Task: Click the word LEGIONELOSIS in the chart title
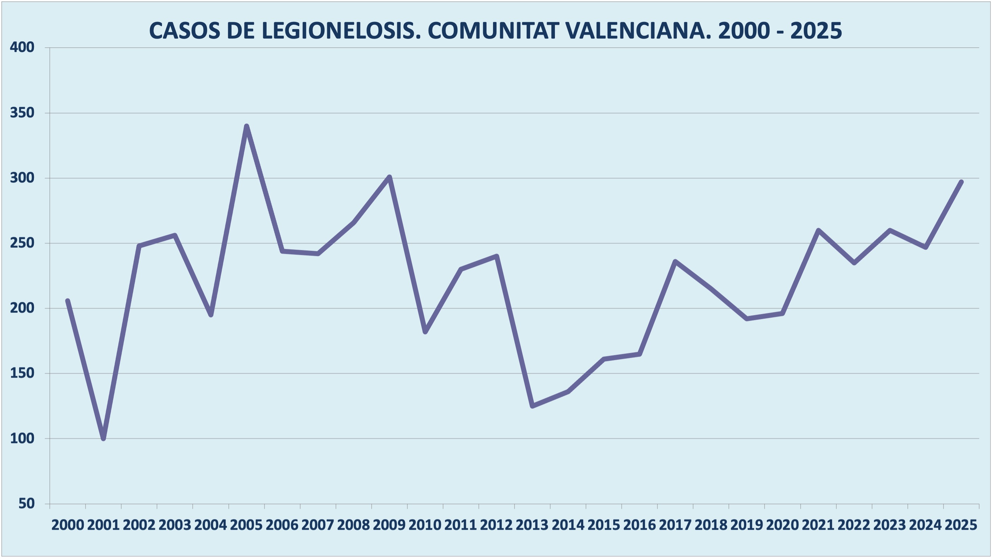339,31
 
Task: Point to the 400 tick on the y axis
22,47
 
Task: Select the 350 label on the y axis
22,113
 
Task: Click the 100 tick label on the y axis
22,438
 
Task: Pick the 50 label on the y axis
27,503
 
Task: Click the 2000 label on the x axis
68,525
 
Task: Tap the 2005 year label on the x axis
246,525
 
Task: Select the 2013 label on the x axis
532,525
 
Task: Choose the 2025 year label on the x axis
961,525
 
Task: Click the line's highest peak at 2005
246,126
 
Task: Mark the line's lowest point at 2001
103,438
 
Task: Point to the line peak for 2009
389,177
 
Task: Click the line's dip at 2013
533,406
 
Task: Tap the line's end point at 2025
961,182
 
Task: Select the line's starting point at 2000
68,301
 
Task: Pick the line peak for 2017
675,262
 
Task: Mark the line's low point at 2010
425,331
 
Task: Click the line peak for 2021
818,230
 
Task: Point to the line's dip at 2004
211,315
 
